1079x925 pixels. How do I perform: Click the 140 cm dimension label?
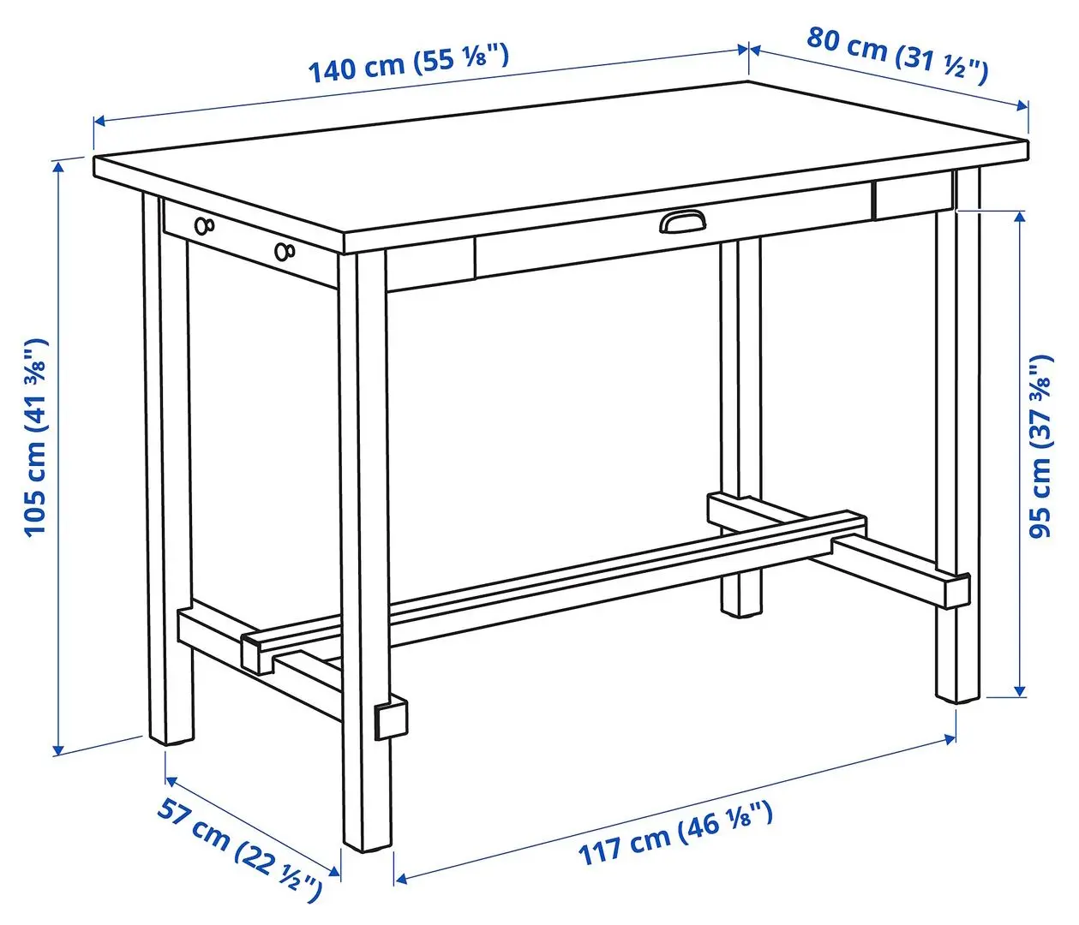[409, 63]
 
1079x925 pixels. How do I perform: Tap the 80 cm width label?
[896, 56]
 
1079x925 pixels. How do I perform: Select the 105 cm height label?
[36, 437]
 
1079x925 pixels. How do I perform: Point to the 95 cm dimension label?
[1040, 445]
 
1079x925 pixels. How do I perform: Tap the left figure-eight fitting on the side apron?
[204, 225]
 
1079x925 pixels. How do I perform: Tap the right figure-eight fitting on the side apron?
[285, 251]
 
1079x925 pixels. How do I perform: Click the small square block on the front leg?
[391, 720]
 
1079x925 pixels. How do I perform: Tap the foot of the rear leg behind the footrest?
[740, 606]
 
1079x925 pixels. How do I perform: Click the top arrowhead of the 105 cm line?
[58, 164]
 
